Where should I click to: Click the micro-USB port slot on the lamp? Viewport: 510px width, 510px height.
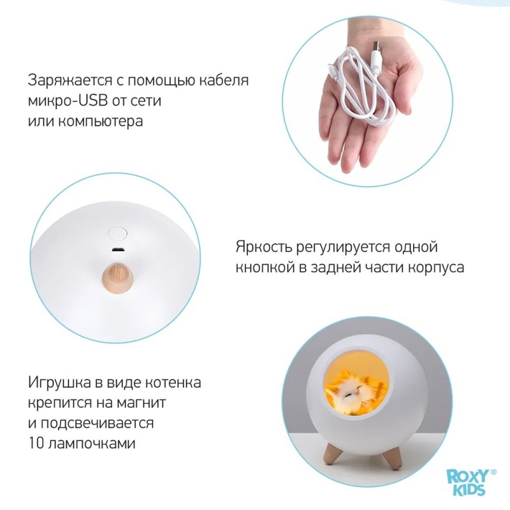[117, 250]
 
